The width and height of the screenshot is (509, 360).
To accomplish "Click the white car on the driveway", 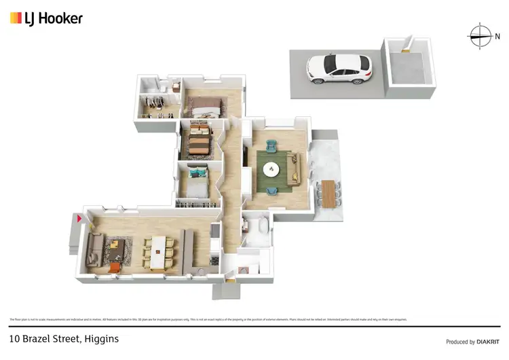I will pyautogui.click(x=340, y=68).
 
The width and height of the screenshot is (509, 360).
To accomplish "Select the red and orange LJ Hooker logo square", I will pyautogui.click(x=16, y=18).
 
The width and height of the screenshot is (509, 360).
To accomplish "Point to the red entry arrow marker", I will pyautogui.click(x=78, y=218).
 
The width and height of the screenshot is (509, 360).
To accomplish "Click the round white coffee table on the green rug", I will pyautogui.click(x=271, y=169).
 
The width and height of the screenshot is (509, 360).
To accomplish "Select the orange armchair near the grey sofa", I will pyautogui.click(x=115, y=268).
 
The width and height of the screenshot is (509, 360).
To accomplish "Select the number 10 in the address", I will pyautogui.click(x=14, y=338).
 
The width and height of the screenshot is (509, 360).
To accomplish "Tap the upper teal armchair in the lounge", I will pyautogui.click(x=271, y=145).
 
